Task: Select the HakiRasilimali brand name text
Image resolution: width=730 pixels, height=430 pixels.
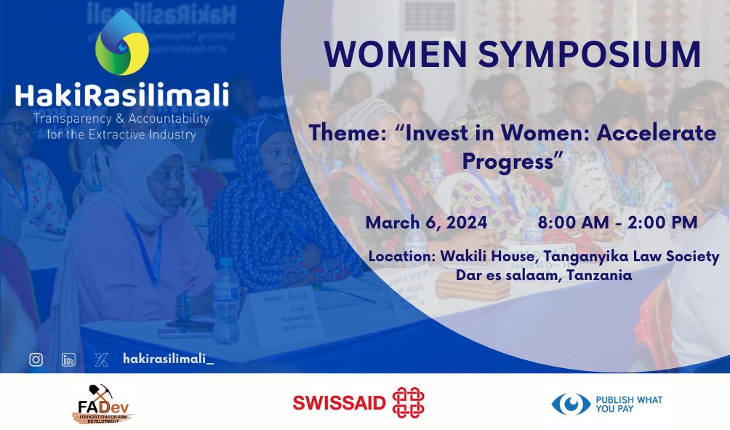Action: [122, 95]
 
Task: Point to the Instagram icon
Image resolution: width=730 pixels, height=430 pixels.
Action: [36, 359]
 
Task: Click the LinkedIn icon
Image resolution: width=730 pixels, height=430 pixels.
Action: [68, 359]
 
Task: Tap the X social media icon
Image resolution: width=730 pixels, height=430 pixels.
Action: [101, 359]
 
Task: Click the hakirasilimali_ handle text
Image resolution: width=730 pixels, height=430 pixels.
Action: [168, 359]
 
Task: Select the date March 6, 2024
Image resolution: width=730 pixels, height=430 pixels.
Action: [426, 223]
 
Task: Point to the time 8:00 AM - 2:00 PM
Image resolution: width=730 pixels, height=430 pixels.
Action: [617, 223]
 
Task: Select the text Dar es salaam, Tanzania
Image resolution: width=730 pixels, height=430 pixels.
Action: [543, 276]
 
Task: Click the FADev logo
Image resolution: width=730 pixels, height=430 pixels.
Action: [104, 405]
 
